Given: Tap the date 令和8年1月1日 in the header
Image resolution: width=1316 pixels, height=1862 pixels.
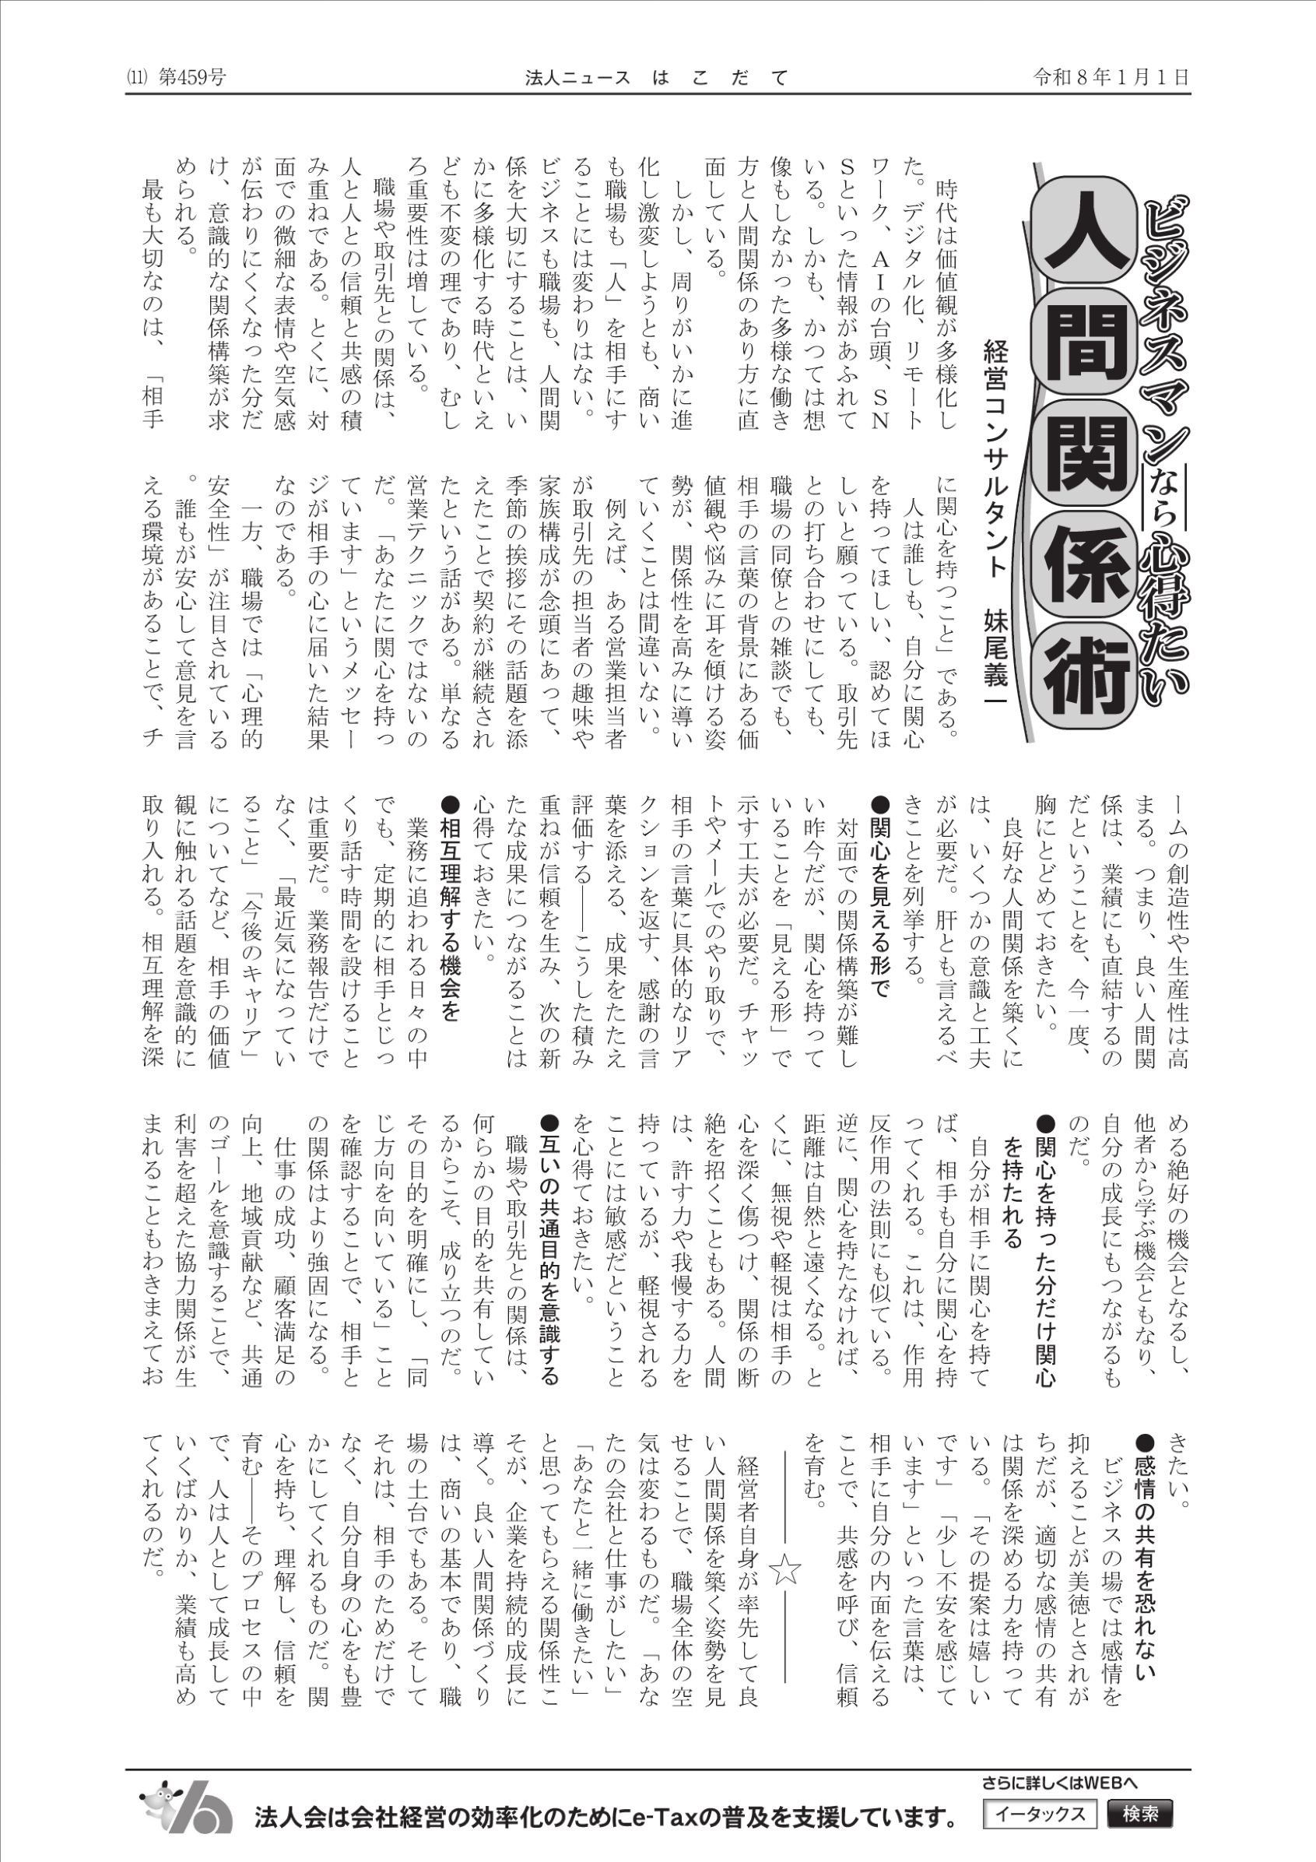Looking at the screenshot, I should (1111, 78).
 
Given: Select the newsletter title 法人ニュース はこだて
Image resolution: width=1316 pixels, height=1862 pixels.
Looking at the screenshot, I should (657, 78).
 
